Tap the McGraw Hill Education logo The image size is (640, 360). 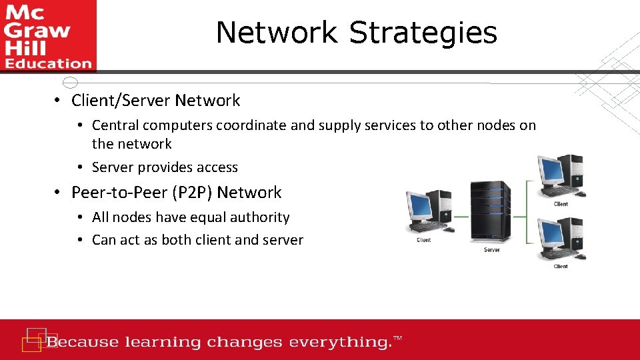(x=48, y=35)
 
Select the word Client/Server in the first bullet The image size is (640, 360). (x=121, y=101)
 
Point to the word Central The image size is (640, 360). (x=115, y=125)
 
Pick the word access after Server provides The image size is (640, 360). (x=215, y=167)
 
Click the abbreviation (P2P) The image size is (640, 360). (x=192, y=193)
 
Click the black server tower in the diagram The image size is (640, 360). (x=491, y=211)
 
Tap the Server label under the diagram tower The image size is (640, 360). (x=491, y=250)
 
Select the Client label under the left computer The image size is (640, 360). (x=423, y=240)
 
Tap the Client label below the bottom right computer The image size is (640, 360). (x=561, y=267)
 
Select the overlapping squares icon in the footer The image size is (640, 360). (x=35, y=339)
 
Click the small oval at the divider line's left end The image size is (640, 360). (x=70, y=83)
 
